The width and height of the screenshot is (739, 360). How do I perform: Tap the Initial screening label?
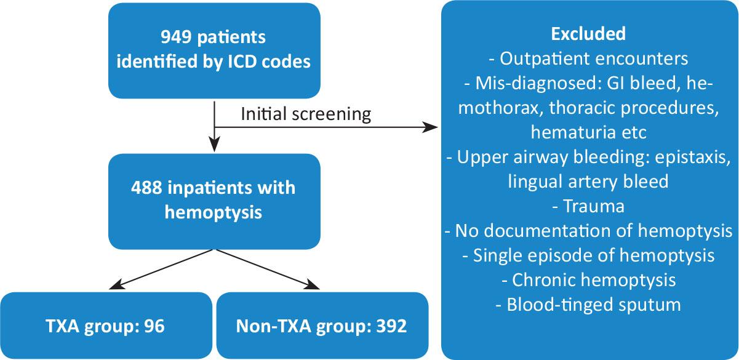(306, 114)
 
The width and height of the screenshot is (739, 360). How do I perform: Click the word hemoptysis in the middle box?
(214, 213)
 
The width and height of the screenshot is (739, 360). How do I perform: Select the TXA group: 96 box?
(105, 326)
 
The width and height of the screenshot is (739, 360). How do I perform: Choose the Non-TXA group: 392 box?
(322, 326)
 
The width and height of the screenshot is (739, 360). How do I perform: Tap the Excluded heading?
(589, 34)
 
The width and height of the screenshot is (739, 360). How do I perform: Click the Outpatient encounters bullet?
(589, 60)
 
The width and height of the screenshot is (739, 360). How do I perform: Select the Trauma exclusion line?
(589, 206)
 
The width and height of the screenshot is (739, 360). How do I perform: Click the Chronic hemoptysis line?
(589, 279)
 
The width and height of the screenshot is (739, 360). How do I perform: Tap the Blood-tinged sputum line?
(589, 304)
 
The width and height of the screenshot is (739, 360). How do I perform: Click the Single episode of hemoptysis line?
(589, 255)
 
